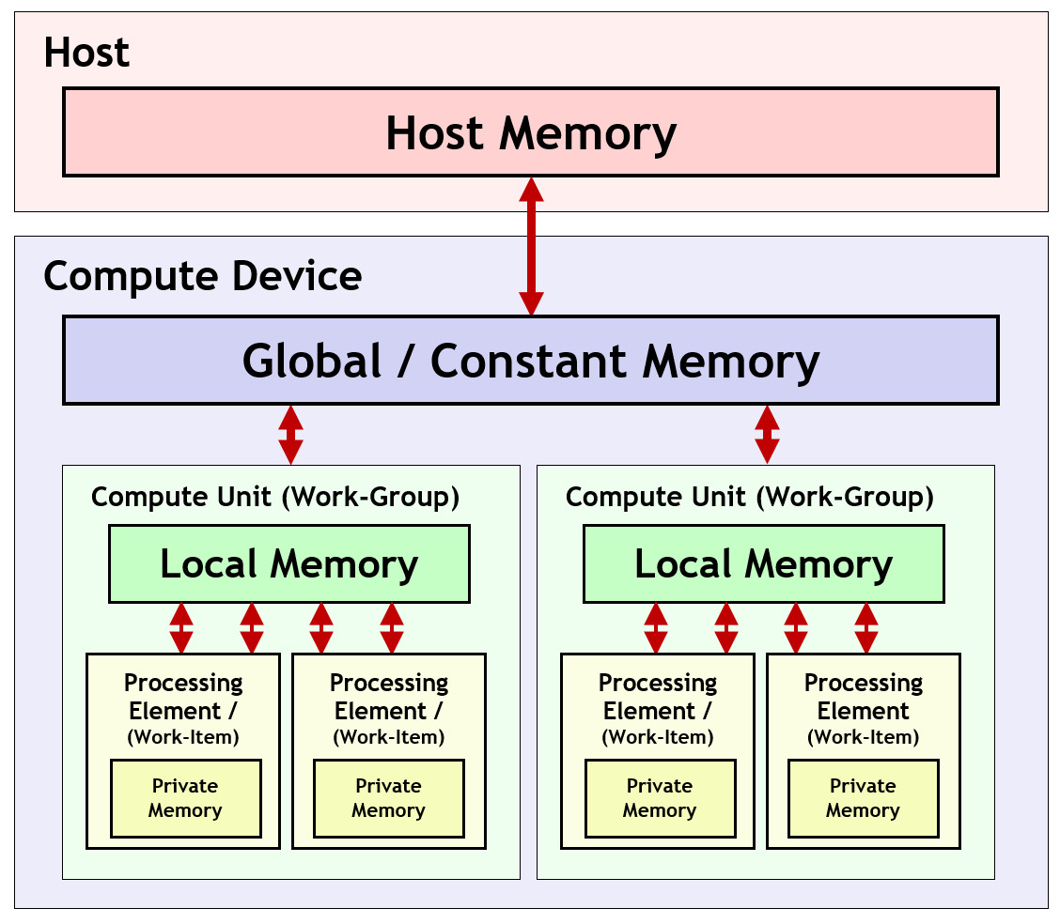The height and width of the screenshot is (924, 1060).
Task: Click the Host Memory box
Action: [530, 132]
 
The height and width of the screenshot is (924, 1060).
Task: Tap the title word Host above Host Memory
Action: [86, 53]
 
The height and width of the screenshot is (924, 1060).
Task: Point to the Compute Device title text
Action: [202, 276]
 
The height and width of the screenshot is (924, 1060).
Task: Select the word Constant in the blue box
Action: [533, 362]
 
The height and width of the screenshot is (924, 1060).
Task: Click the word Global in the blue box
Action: [312, 362]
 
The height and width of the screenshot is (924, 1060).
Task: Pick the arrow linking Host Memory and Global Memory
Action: [532, 246]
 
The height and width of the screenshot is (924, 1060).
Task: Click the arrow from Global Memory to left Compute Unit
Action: [291, 435]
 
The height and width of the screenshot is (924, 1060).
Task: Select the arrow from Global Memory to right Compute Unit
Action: [768, 435]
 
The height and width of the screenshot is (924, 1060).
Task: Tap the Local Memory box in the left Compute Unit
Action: [289, 563]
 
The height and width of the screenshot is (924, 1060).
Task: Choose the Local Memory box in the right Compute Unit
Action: [764, 563]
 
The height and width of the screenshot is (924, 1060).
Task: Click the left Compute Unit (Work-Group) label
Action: [275, 497]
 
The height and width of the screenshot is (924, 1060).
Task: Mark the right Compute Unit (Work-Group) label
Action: [750, 497]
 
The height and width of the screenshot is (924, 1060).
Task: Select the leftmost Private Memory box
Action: [185, 798]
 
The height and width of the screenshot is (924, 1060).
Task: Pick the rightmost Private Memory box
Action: [863, 798]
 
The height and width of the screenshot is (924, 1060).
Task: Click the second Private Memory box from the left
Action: [388, 798]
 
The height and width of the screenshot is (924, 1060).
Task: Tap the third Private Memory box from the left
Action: [660, 798]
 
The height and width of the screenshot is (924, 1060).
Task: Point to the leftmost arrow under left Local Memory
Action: [181, 628]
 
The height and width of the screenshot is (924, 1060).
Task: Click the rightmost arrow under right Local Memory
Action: [866, 628]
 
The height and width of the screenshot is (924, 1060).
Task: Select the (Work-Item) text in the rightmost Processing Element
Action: [863, 737]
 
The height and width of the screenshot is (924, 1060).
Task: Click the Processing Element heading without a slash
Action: [863, 697]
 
